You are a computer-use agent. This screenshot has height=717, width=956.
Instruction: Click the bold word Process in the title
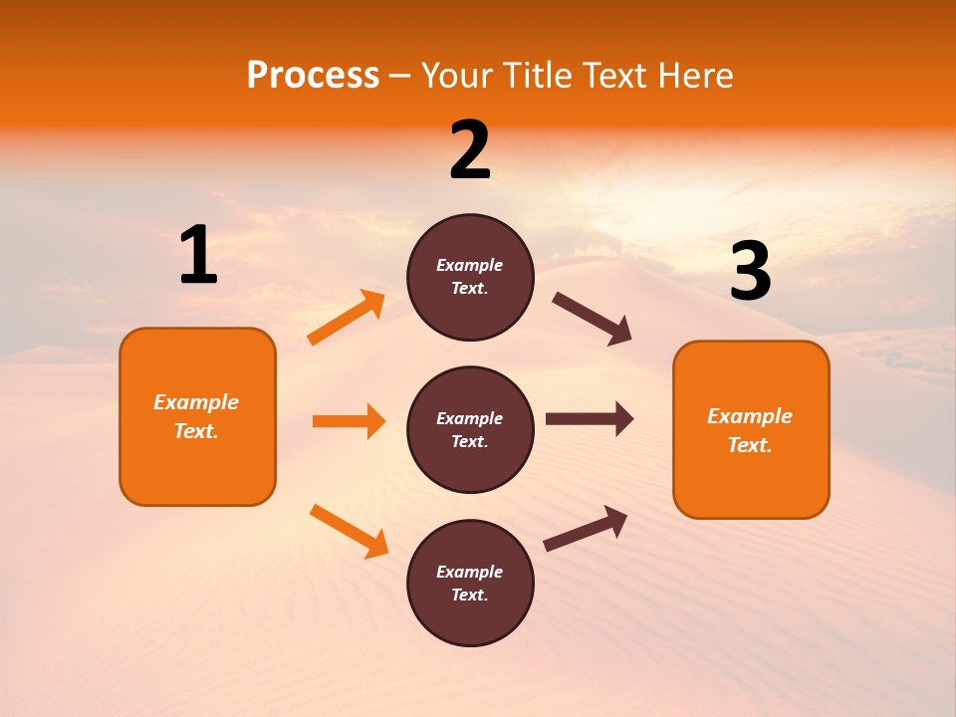click(x=313, y=76)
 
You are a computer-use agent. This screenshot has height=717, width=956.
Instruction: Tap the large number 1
click(x=198, y=256)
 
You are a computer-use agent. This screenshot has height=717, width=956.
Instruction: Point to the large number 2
click(x=470, y=150)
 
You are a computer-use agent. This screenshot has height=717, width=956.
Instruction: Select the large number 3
click(x=751, y=271)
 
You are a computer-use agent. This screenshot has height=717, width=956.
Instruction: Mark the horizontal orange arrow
click(x=349, y=421)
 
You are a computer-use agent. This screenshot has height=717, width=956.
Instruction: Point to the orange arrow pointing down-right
click(x=349, y=531)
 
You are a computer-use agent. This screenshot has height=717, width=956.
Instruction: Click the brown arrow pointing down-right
click(x=593, y=319)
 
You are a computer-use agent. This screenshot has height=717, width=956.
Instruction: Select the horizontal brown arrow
click(x=590, y=418)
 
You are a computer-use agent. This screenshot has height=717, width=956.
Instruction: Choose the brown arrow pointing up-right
click(x=586, y=529)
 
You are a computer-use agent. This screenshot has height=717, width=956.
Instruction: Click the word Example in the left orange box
click(x=196, y=402)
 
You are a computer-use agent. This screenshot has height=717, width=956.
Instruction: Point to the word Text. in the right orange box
click(x=750, y=445)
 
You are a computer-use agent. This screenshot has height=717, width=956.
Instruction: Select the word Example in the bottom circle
click(x=470, y=572)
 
